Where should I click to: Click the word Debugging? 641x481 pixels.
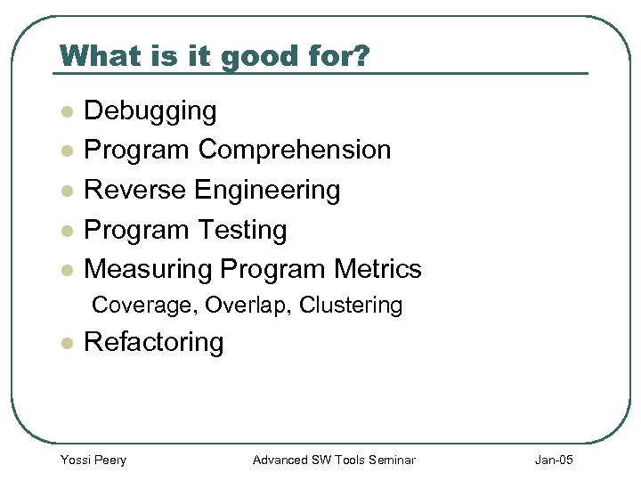coord(150,111)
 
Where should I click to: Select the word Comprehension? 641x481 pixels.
coord(295,150)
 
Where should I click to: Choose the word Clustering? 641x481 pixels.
coord(351,306)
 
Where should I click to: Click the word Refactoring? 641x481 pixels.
coord(153,342)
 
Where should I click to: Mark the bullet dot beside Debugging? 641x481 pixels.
coord(65,112)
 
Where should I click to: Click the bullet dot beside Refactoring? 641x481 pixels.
coord(65,343)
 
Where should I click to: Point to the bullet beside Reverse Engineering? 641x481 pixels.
coord(65,191)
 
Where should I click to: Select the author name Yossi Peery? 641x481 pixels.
coord(93,460)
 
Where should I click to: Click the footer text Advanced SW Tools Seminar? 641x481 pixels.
coord(334,460)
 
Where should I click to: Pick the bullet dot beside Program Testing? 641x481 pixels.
coord(65,231)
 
